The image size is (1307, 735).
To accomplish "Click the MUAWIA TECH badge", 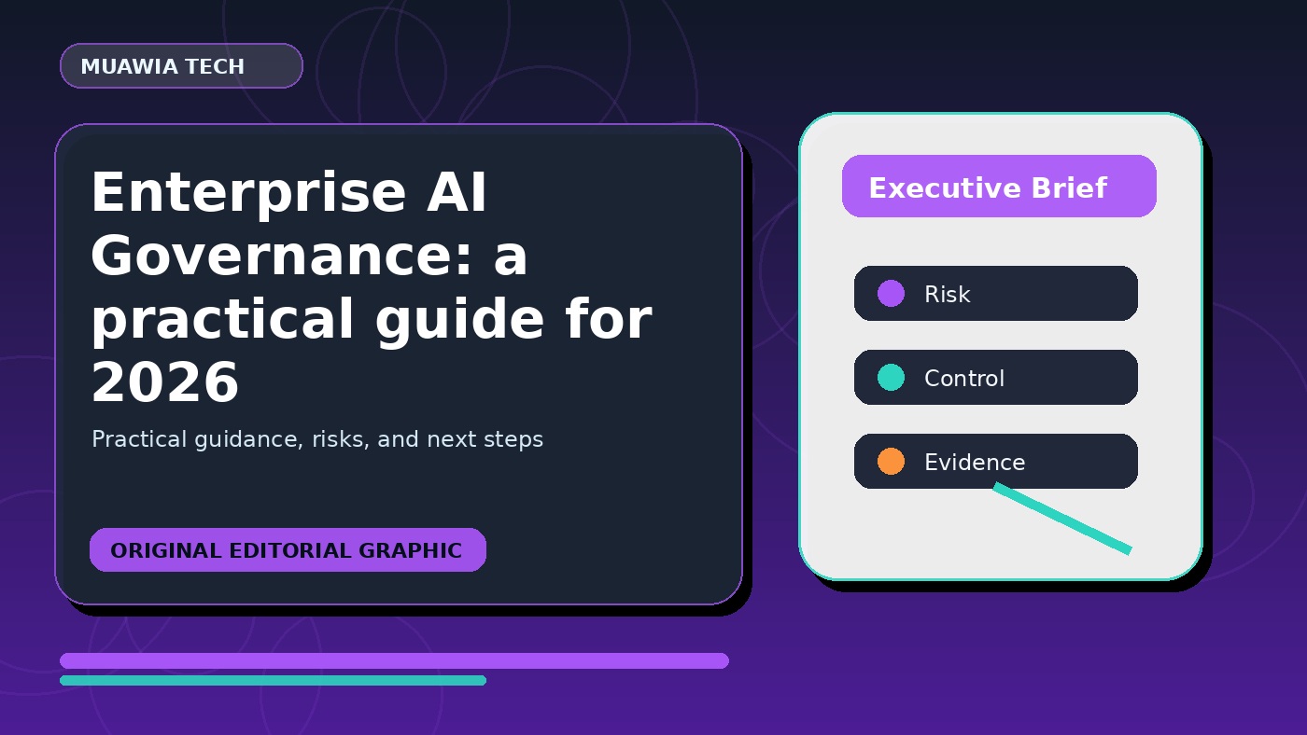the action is click(181, 66).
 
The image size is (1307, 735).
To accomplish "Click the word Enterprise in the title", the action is click(248, 193).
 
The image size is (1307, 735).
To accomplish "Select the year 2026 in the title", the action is click(165, 382).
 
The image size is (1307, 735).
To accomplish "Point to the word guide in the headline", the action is click(459, 319).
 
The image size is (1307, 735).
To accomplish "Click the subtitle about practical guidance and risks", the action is click(317, 439).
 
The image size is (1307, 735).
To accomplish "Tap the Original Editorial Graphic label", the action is click(288, 550).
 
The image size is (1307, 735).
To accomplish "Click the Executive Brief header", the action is click(999, 187).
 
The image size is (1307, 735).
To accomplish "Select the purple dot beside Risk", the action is click(891, 293).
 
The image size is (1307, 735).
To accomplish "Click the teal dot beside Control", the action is click(891, 377).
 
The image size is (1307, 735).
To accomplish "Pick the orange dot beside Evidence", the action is click(891, 461).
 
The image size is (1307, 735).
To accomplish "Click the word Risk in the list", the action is click(947, 295).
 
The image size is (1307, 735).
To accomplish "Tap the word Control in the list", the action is click(964, 379).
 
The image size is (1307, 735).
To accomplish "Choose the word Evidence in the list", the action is click(975, 463).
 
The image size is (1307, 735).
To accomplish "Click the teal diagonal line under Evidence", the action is click(1062, 519).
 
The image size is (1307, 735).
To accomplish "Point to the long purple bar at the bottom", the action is click(394, 660).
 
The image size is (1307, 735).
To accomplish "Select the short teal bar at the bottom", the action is click(273, 680).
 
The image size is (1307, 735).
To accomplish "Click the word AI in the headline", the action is click(457, 192).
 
